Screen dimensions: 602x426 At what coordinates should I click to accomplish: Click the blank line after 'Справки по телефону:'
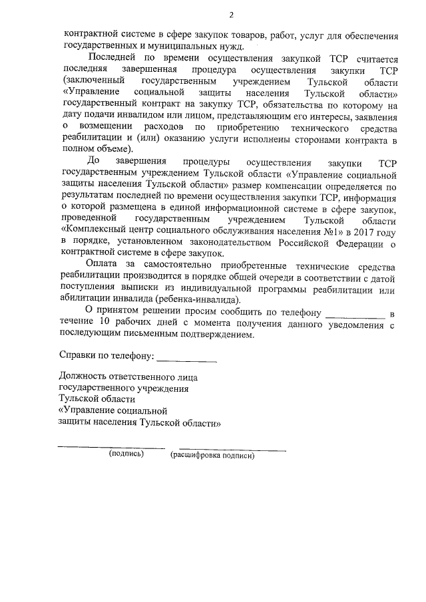pos(186,360)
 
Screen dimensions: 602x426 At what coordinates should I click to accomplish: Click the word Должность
pos(85,376)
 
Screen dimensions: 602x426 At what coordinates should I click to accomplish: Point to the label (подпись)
pos(126,456)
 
